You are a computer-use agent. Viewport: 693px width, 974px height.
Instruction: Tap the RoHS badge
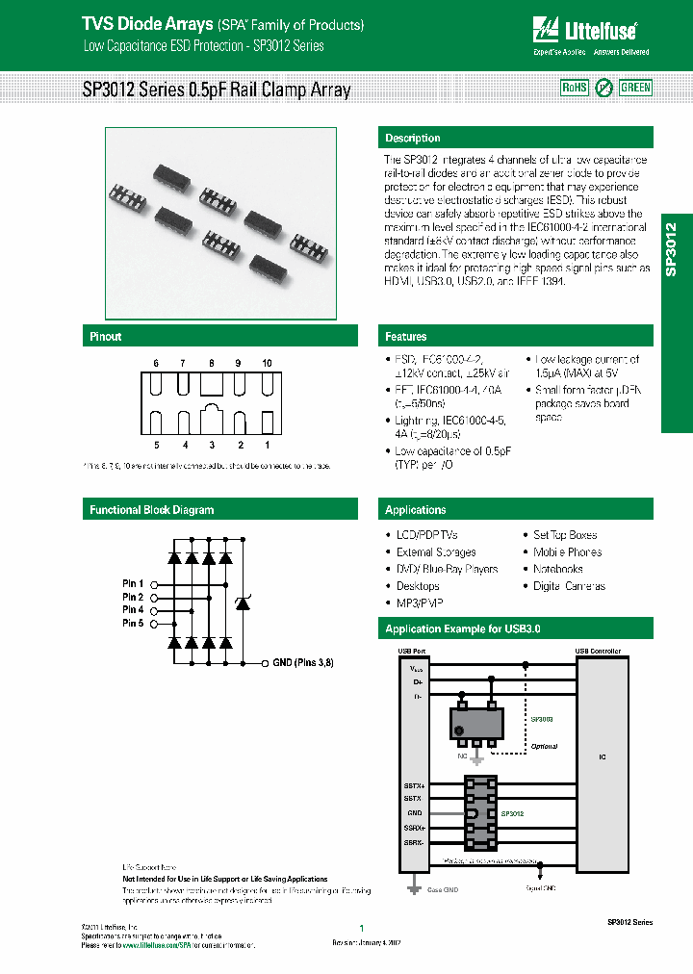(x=574, y=88)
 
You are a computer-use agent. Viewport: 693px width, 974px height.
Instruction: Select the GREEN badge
(x=635, y=88)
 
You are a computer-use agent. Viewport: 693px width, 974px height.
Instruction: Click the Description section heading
(x=413, y=139)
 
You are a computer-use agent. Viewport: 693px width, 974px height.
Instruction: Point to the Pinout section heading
(x=106, y=337)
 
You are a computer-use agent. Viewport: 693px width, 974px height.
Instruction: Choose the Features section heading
(x=406, y=337)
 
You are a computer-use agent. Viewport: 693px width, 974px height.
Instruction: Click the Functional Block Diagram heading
(x=152, y=510)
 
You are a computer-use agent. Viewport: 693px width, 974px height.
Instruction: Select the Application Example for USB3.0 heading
(x=463, y=629)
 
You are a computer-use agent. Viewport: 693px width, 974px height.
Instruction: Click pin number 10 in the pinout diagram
(x=267, y=363)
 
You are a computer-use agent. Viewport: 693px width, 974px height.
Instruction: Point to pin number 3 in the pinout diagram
(x=211, y=446)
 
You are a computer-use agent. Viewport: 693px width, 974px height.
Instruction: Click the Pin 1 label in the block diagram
(x=133, y=584)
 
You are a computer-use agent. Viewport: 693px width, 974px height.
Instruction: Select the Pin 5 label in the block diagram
(x=133, y=624)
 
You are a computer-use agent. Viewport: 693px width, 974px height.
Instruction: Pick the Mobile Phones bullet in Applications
(x=567, y=552)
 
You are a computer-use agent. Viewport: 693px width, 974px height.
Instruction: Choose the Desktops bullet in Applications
(x=418, y=586)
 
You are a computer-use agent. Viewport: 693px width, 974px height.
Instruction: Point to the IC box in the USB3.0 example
(x=603, y=757)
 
